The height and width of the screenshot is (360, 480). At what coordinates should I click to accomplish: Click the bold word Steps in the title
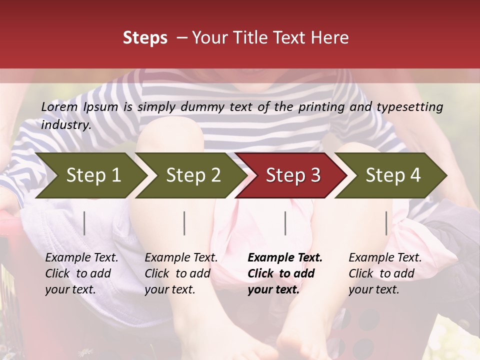click(x=145, y=38)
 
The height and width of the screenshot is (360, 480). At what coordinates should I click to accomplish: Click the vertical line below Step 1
click(x=84, y=223)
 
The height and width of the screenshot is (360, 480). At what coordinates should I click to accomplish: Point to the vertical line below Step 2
click(x=184, y=223)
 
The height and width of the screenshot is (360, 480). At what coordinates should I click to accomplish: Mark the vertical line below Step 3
click(x=285, y=223)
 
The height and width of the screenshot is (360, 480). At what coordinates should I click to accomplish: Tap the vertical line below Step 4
click(x=386, y=223)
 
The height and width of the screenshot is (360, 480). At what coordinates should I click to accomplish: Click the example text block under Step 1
click(x=81, y=273)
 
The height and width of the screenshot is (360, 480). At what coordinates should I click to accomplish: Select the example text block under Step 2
click(x=181, y=273)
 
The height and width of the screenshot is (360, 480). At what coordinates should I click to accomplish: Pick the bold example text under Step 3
click(x=285, y=273)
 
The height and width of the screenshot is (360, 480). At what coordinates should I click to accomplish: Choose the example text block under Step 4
click(x=385, y=273)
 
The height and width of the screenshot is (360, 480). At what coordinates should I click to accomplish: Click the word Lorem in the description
click(x=59, y=107)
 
